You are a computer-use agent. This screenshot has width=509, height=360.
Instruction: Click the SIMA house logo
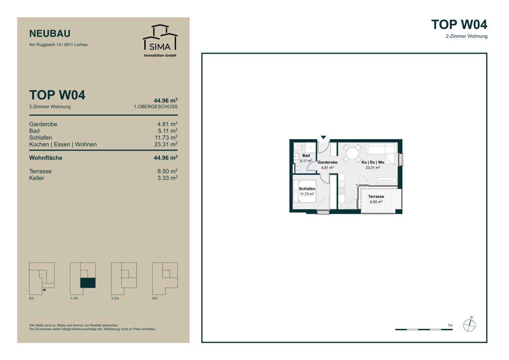160,37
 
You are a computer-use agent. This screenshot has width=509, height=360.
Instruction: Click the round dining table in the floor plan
352,153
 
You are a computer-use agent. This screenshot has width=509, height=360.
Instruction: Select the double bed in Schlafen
304,191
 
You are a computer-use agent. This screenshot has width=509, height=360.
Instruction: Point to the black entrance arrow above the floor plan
323,137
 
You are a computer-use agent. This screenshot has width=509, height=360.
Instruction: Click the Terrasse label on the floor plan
376,196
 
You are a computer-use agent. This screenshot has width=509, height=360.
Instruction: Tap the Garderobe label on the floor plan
327,162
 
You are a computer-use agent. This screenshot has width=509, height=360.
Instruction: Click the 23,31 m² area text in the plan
373,168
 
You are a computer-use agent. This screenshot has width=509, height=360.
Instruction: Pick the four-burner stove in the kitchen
341,191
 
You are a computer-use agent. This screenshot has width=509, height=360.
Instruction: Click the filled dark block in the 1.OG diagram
88,283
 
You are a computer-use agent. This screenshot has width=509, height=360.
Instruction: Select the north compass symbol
469,325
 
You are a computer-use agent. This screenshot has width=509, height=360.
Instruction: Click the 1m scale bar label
450,325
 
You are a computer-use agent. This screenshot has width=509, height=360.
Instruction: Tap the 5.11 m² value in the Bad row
168,131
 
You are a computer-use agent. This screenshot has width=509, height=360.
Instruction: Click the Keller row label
37,178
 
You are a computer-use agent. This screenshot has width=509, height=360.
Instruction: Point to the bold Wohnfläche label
46,158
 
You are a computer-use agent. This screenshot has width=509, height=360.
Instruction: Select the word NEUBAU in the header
50,34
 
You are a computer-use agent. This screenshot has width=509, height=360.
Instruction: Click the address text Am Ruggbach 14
45,45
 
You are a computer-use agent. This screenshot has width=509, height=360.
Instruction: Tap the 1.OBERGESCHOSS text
156,107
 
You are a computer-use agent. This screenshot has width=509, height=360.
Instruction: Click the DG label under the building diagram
155,298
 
